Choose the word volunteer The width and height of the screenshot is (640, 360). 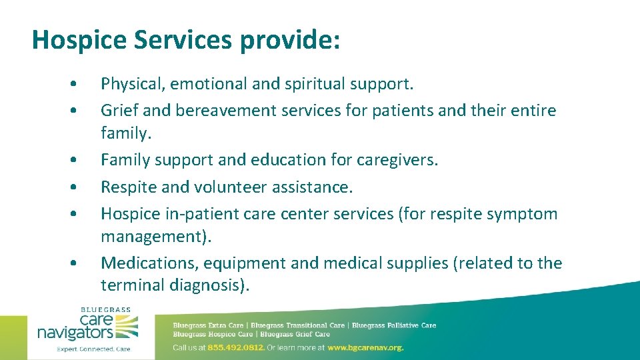230,187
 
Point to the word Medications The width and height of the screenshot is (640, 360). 147,263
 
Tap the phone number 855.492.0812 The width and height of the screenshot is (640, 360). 236,347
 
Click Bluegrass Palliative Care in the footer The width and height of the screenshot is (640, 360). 393,325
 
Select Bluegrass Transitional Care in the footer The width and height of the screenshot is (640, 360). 297,325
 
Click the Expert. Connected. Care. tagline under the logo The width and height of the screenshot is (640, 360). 93,349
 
